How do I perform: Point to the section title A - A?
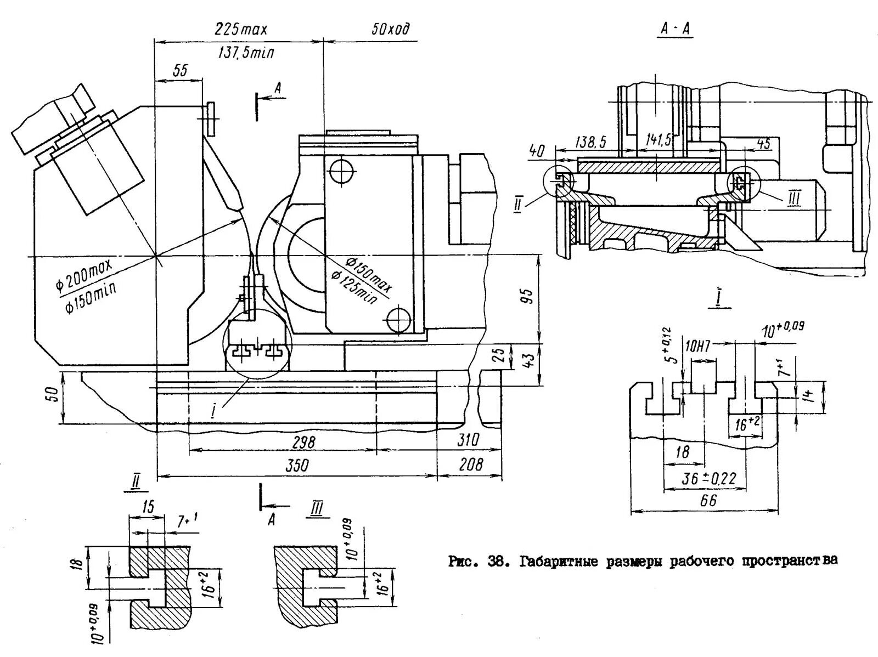click(x=675, y=29)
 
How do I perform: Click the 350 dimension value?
click(x=297, y=466)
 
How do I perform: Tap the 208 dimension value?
click(x=471, y=465)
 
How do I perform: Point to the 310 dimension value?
click(x=468, y=439)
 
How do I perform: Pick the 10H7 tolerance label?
click(x=697, y=346)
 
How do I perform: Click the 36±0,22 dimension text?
click(x=709, y=479)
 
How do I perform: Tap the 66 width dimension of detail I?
click(x=708, y=500)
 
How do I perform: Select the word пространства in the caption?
click(x=790, y=560)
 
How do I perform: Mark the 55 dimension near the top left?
click(x=180, y=70)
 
